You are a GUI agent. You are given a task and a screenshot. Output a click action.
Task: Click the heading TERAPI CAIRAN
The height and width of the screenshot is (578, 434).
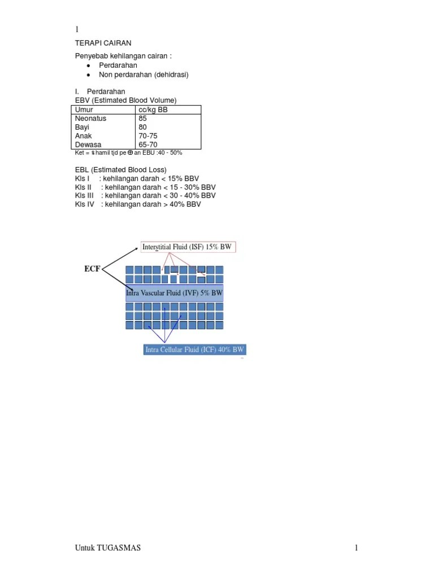(103, 43)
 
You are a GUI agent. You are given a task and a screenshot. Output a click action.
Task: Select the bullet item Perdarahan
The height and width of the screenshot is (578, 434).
(118, 65)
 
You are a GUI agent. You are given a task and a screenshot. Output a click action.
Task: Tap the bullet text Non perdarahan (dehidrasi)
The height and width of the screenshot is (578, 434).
(144, 75)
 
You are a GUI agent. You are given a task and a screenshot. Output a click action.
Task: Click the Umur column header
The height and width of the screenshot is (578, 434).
(84, 110)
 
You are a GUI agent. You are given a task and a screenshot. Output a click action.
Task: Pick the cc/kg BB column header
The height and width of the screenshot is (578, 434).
(153, 110)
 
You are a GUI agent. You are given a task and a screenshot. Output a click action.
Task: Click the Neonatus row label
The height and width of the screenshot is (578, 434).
(90, 119)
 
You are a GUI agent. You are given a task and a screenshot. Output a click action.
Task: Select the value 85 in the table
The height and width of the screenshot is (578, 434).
(142, 119)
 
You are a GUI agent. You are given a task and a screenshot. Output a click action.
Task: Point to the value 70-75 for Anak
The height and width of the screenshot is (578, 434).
(147, 136)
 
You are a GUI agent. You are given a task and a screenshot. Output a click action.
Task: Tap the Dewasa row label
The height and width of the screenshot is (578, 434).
(88, 144)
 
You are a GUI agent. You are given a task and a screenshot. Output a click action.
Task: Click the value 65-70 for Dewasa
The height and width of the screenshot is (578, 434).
(147, 144)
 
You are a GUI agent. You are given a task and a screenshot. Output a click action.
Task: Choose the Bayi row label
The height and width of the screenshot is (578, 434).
(82, 127)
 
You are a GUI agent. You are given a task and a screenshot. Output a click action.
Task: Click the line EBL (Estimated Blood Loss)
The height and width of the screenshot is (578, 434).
(121, 170)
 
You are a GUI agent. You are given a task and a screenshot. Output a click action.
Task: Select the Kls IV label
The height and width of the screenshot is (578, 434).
(85, 204)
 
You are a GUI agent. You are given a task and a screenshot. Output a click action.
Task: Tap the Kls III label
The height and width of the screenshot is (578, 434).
(84, 195)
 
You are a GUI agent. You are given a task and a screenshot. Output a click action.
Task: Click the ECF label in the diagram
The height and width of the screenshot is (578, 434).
(92, 269)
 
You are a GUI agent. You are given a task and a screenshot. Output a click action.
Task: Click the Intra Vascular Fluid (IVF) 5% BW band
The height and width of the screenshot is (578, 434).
(174, 293)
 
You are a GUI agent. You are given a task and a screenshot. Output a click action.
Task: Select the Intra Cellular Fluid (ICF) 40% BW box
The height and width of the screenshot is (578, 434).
(194, 349)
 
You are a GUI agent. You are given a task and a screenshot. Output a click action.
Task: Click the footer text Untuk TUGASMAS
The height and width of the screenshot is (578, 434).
(108, 548)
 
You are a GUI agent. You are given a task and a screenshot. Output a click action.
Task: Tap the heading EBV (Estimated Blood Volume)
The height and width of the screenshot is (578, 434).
(125, 100)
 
